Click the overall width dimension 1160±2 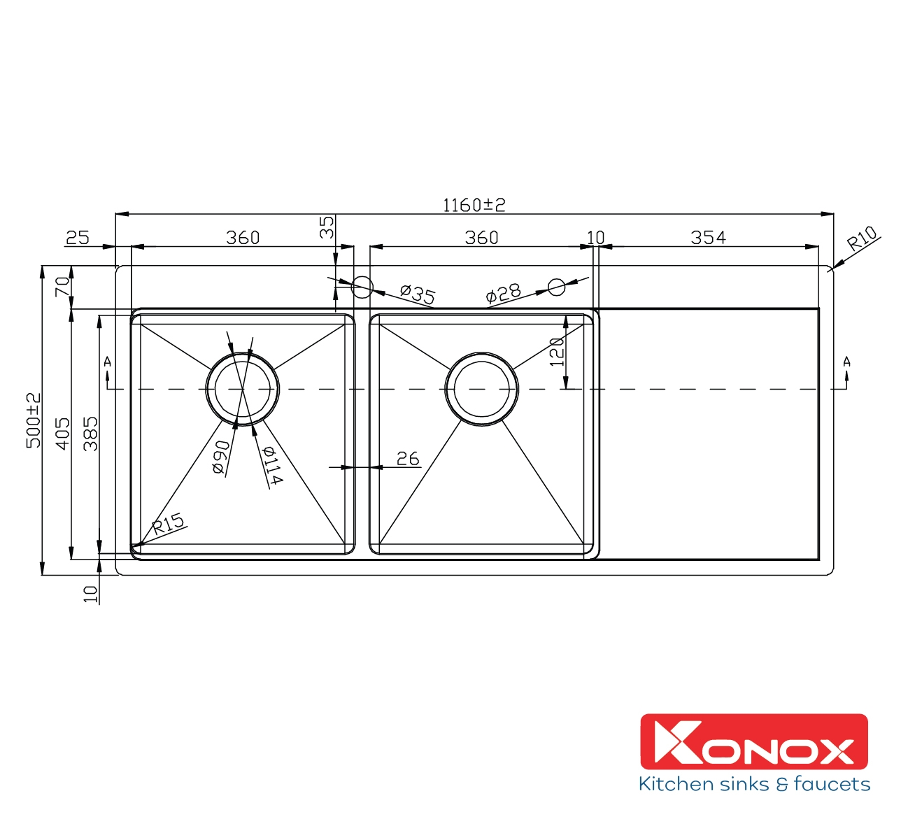coord(474,205)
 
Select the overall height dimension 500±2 coord(34,420)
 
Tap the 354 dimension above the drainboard coord(708,238)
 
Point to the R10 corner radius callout coord(861,239)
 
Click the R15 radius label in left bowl coord(168,523)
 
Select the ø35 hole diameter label coord(417,294)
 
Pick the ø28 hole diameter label coord(503,294)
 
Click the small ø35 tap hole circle coord(362,286)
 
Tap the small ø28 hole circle coord(556,286)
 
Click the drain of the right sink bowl coord(482,389)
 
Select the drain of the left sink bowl coord(242,389)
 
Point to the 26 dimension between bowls coord(407,459)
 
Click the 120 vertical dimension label coord(556,352)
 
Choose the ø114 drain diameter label coord(271,465)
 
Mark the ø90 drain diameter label coord(220,457)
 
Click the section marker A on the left coord(107,362)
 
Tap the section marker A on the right coord(846,362)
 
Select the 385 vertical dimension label coord(90,434)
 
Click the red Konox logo coord(753,741)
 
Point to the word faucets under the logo coord(832,784)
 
